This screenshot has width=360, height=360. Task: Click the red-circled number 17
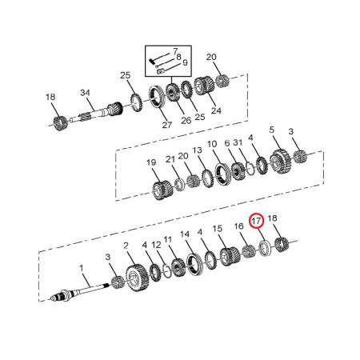pyautogui.click(x=256, y=221)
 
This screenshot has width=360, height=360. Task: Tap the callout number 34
pyautogui.click(x=85, y=93)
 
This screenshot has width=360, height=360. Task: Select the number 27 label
pyautogui.click(x=167, y=125)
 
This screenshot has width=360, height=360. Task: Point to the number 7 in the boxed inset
pyautogui.click(x=175, y=51)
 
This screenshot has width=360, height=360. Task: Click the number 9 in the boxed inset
pyautogui.click(x=185, y=62)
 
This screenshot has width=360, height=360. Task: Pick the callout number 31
pyautogui.click(x=238, y=142)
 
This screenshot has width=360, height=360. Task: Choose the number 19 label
pyautogui.click(x=151, y=162)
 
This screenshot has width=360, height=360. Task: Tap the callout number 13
pyautogui.click(x=197, y=150)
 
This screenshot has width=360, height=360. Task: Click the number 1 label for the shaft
pyautogui.click(x=82, y=267)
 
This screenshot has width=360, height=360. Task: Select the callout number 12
pyautogui.click(x=157, y=245)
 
